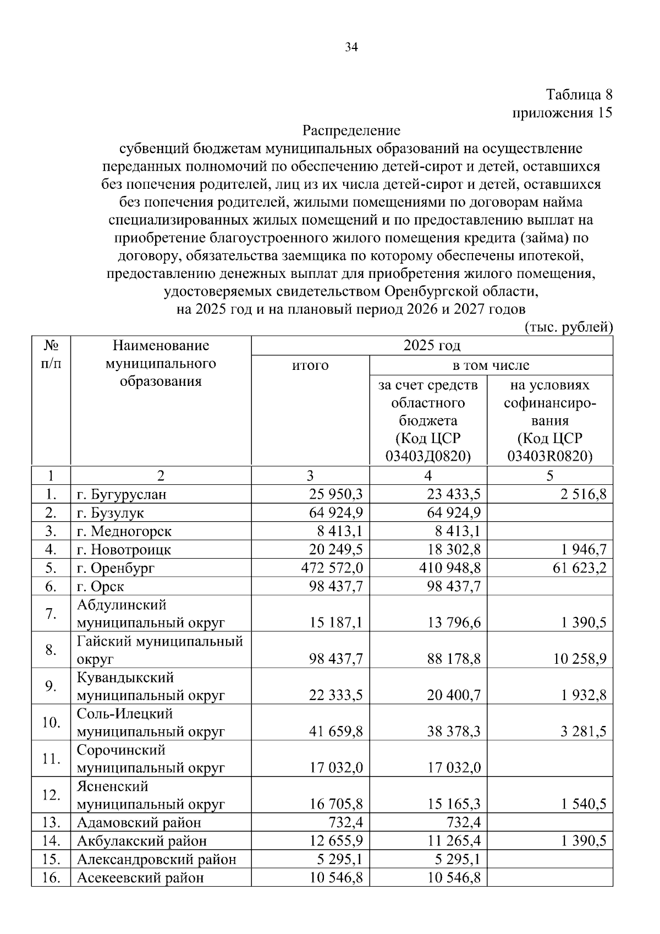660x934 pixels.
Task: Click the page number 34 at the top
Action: point(351,47)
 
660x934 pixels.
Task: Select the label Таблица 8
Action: point(579,95)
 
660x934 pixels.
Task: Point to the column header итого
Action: point(310,365)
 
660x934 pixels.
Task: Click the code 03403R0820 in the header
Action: point(549,456)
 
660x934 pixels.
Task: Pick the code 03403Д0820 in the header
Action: point(428,456)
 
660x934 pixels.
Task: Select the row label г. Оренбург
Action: point(116,567)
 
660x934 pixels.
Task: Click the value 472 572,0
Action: point(332,567)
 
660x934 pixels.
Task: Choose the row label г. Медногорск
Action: point(124,531)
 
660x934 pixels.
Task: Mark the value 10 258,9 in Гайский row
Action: point(579,659)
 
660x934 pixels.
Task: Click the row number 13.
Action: point(51,822)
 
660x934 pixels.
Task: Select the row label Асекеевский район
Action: point(140,877)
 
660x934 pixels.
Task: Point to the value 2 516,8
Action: point(584,494)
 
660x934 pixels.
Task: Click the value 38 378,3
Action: point(454,731)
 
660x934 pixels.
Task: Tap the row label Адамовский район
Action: point(139,822)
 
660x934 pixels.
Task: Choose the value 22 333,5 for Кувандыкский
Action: point(335,695)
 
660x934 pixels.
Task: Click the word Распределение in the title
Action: point(351,130)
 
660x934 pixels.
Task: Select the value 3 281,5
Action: point(584,731)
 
